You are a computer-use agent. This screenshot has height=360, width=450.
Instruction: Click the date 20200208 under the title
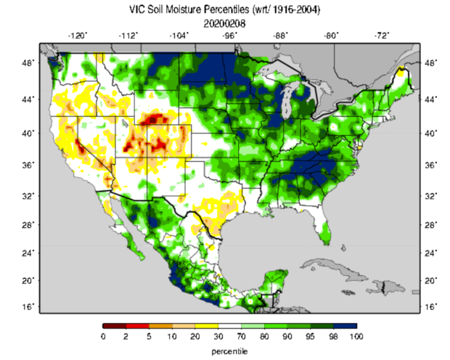point(224,22)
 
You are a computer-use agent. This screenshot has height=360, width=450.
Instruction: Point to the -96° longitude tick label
point(230,35)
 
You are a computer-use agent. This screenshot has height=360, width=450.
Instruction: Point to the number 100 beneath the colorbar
point(356,337)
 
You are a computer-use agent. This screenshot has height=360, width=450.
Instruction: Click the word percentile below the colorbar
point(229,350)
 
